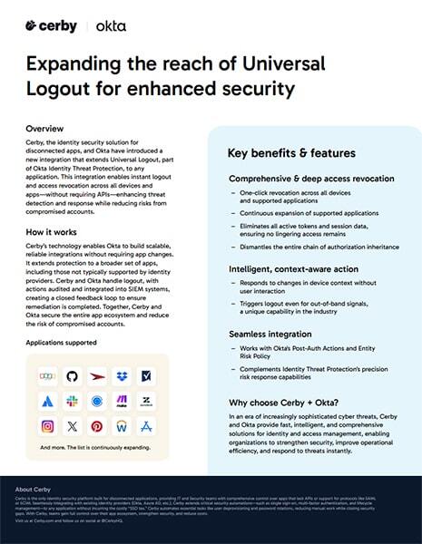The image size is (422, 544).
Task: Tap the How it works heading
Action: pyautogui.click(x=53, y=233)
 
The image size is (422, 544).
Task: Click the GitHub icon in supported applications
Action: pyautogui.click(x=73, y=375)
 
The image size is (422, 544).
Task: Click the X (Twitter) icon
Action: pyautogui.click(x=73, y=425)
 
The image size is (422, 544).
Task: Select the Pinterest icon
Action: pyautogui.click(x=97, y=425)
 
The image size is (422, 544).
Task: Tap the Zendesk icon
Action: pyautogui.click(x=145, y=401)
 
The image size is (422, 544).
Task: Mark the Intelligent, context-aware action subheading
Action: pyautogui.click(x=292, y=268)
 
